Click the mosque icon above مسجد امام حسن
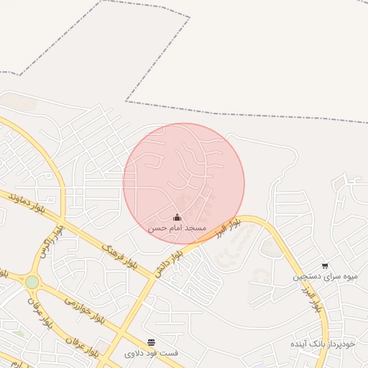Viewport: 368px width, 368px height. pyautogui.click(x=178, y=218)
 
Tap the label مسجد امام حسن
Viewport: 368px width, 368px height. pyautogui.click(x=178, y=228)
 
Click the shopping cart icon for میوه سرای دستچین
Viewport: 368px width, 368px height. pyautogui.click(x=325, y=266)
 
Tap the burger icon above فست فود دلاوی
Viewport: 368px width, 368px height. pyautogui.click(x=151, y=343)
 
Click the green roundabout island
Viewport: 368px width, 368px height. pyautogui.click(x=32, y=282)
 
